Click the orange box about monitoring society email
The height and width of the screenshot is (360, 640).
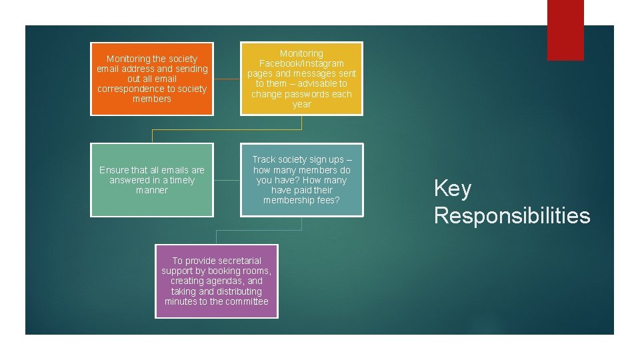coord(152,79)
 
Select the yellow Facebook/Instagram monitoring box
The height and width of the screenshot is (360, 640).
coord(301,79)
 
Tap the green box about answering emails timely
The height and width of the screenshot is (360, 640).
coord(152,180)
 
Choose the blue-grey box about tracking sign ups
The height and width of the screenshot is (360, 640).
coord(301,180)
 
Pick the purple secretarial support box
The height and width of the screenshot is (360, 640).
coord(217,281)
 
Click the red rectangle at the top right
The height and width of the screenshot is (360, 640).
coord(565,30)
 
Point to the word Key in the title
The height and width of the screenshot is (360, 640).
coord(453,189)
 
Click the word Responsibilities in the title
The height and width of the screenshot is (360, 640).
coord(512,215)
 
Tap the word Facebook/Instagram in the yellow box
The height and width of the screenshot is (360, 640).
coord(301,63)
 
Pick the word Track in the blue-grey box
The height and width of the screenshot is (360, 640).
coord(264,159)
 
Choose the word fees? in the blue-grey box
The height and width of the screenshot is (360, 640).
coord(329,201)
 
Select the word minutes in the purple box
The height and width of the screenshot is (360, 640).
coord(179,301)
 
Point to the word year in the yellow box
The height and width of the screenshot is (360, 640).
coord(301,104)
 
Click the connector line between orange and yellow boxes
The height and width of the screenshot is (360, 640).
coord(227,79)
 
